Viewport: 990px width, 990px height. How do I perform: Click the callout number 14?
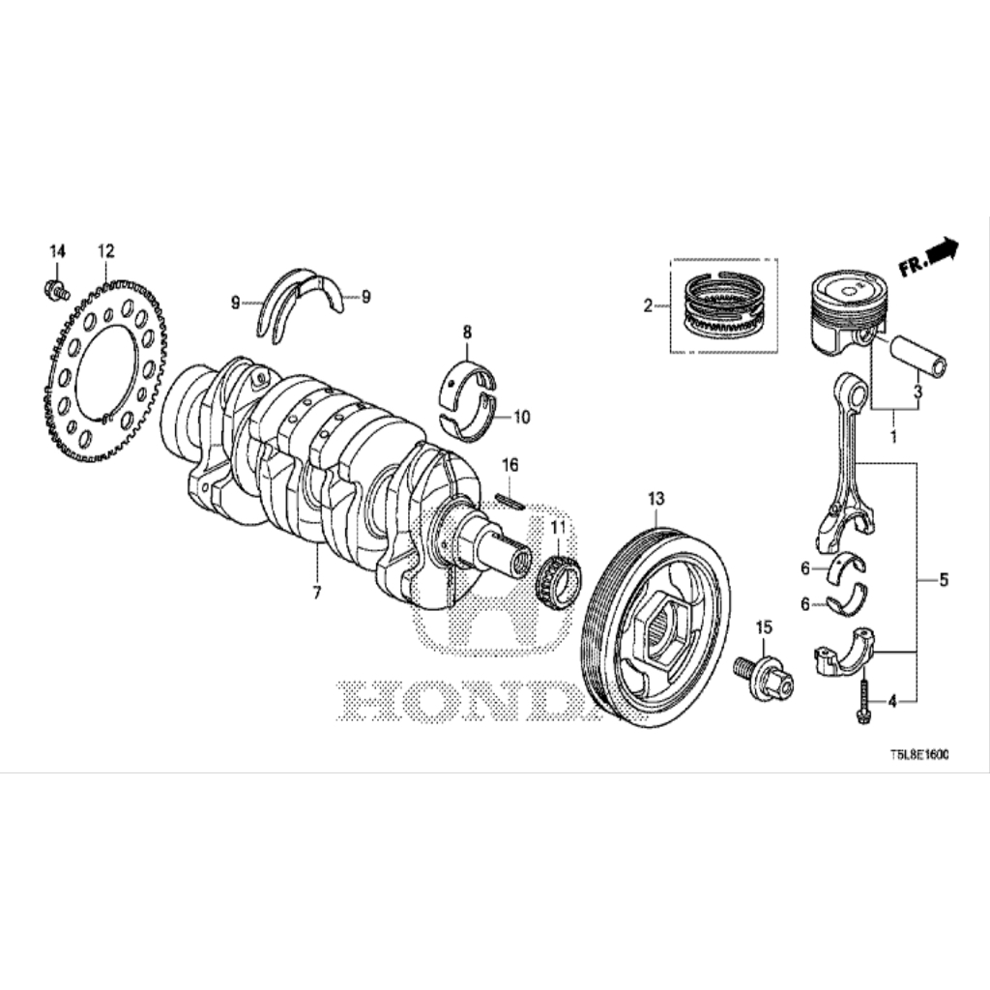57,251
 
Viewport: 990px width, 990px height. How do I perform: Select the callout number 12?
106,251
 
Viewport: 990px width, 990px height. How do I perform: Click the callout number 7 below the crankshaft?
316,593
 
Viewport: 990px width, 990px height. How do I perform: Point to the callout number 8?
467,333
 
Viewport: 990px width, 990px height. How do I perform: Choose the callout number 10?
522,417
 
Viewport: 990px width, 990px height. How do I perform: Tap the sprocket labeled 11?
560,578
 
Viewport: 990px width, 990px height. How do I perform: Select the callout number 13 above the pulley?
656,499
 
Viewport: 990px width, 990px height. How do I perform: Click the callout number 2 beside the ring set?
648,306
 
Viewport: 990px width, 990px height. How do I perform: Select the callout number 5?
944,579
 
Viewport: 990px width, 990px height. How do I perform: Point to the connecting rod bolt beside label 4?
862,701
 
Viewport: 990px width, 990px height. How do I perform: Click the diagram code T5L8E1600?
919,754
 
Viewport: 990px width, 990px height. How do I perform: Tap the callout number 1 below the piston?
893,436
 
